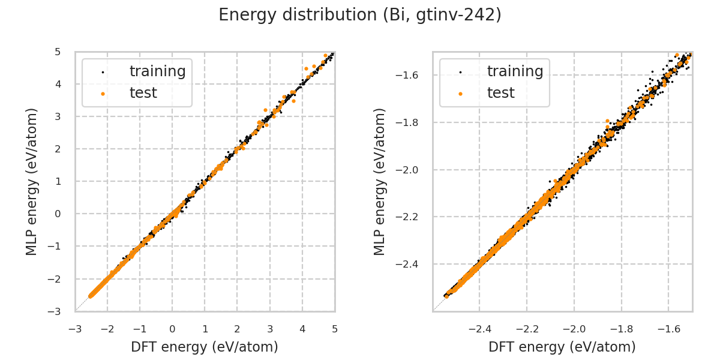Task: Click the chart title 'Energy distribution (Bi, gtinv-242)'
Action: point(360,15)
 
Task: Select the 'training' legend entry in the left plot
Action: point(157,71)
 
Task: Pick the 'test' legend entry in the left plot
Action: point(143,93)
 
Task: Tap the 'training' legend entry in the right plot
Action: point(515,71)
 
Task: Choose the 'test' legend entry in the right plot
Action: point(500,93)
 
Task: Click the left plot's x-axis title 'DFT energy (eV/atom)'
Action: point(205,347)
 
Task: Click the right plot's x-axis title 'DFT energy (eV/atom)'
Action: point(562,347)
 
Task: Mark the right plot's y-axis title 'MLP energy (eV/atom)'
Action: point(380,181)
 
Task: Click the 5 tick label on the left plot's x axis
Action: point(335,329)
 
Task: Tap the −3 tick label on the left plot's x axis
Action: point(75,329)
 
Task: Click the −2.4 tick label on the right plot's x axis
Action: point(480,329)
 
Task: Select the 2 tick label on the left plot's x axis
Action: point(237,329)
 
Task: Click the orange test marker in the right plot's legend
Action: point(460,94)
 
